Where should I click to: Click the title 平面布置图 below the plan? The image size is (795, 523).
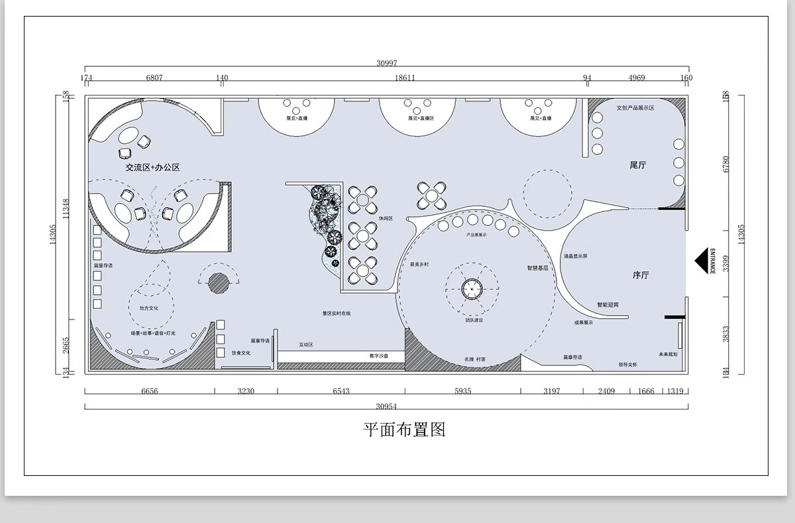click(404, 430)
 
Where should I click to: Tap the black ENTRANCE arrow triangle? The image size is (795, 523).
click(701, 261)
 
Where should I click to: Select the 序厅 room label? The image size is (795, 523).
click(640, 274)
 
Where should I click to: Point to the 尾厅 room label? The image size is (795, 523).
click(637, 165)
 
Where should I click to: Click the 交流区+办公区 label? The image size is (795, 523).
click(153, 168)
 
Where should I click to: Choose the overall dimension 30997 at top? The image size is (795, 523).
click(386, 63)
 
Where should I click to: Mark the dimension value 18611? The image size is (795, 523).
click(405, 78)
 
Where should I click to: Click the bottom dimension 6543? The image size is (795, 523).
click(341, 391)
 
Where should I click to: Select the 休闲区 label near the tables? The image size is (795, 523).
click(386, 218)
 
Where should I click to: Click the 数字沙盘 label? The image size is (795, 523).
click(378, 356)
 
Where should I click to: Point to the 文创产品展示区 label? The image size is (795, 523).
click(635, 107)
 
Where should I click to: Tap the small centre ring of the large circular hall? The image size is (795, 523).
click(472, 288)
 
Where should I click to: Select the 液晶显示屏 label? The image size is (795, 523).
click(575, 255)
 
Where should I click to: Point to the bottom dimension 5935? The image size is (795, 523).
click(462, 391)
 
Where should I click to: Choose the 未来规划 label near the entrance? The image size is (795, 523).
click(668, 354)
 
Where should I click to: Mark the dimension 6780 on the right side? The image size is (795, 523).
click(727, 164)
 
